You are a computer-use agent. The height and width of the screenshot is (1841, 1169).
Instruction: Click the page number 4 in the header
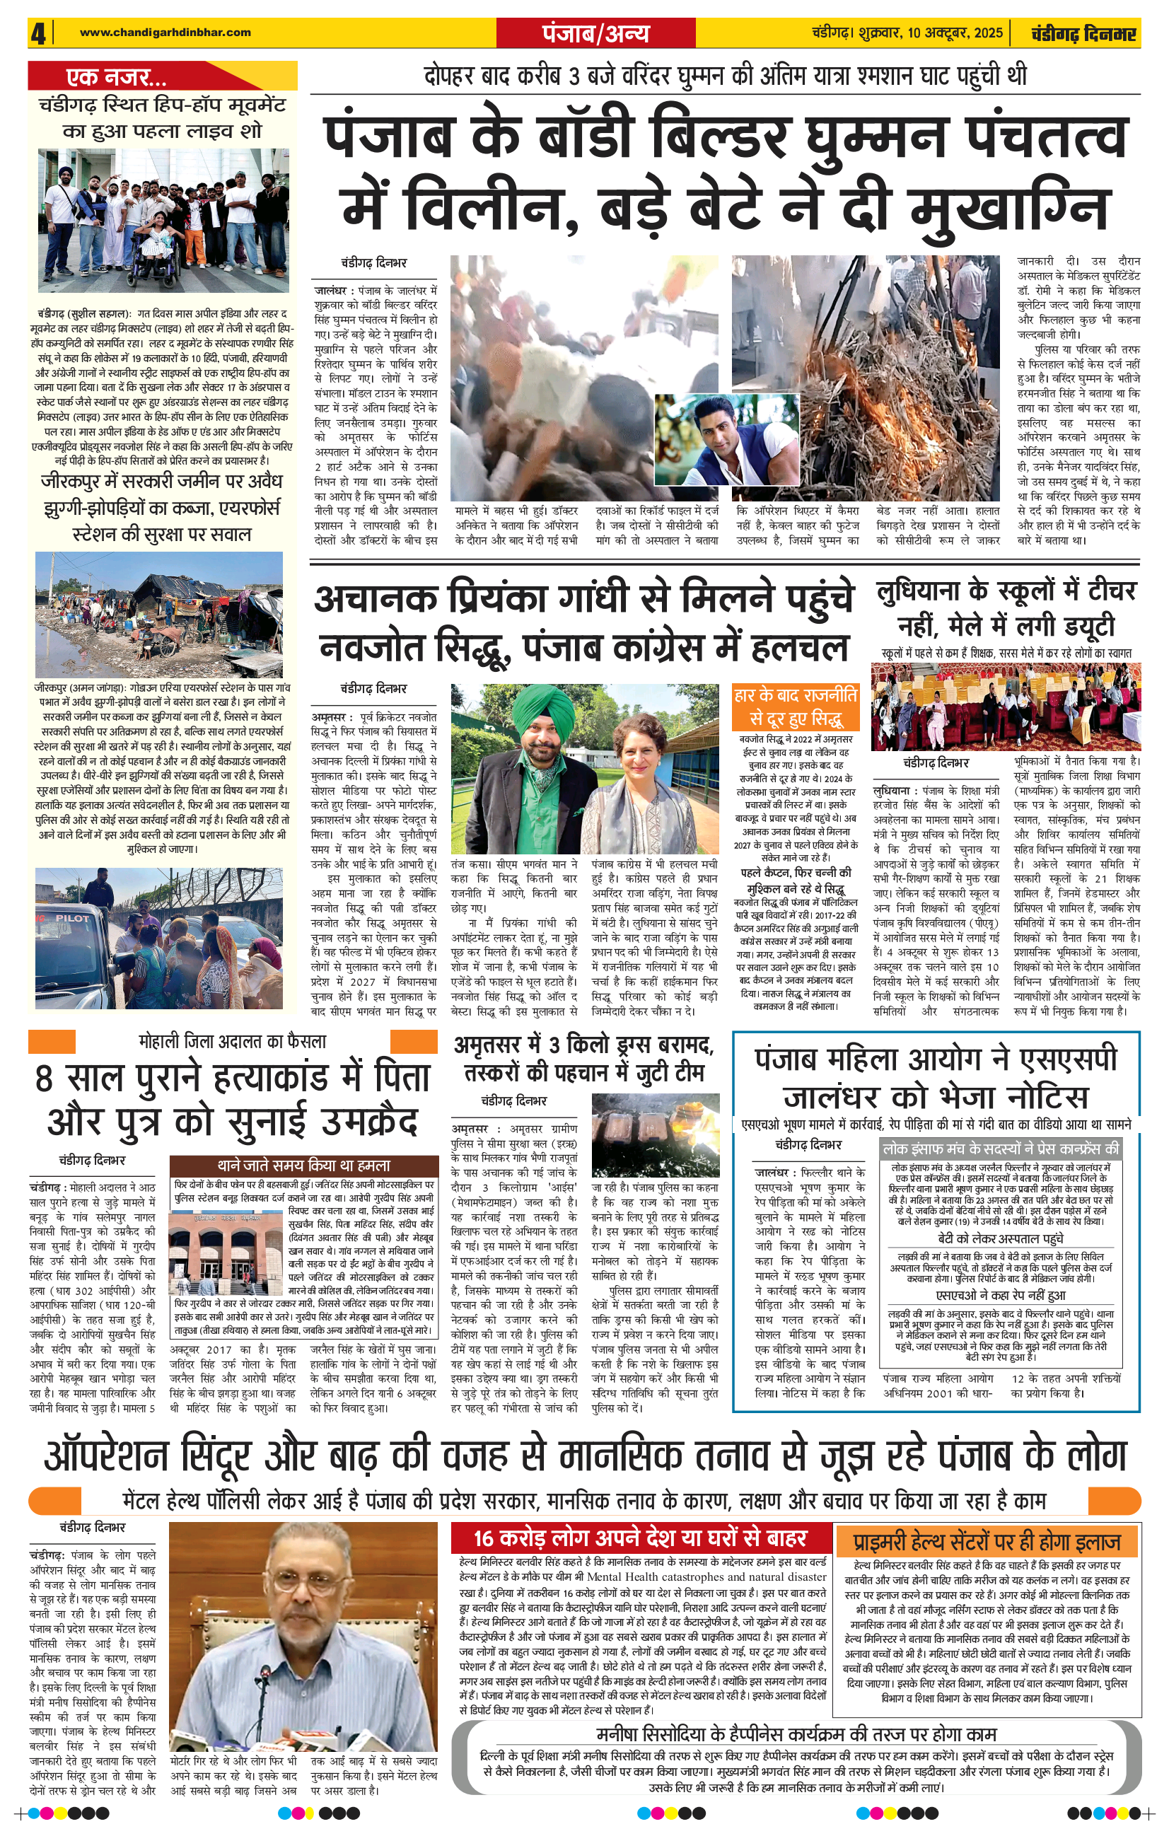(x=38, y=34)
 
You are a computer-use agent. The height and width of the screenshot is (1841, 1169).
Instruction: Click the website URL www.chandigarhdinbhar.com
(x=165, y=32)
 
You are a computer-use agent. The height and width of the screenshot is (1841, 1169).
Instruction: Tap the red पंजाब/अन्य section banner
(x=595, y=34)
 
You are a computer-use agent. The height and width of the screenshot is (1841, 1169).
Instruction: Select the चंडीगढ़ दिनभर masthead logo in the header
(x=1083, y=34)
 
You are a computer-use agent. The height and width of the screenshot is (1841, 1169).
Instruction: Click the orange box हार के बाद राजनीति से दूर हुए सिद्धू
(x=795, y=707)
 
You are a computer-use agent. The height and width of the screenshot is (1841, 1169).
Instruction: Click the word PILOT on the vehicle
(x=72, y=918)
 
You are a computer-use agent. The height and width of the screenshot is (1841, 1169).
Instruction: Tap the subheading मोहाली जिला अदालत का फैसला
(x=233, y=1041)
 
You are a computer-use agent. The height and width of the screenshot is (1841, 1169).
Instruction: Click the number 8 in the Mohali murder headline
(x=45, y=1079)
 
